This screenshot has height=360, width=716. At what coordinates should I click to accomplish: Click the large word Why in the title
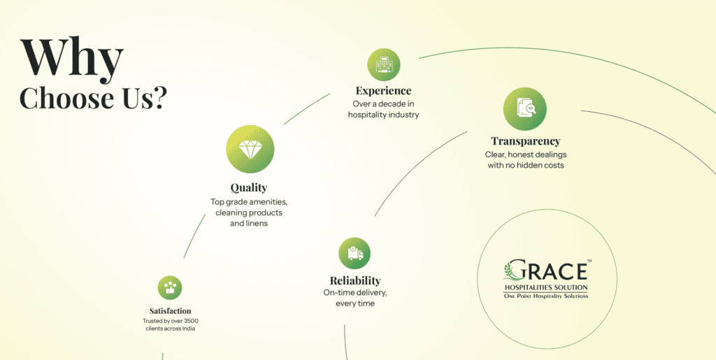(72, 59)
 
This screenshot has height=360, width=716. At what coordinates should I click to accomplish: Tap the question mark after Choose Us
(159, 99)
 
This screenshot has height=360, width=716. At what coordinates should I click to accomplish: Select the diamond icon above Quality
(250, 149)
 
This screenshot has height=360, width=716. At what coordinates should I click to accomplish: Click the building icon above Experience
(384, 65)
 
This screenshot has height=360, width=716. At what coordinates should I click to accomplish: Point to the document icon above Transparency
(524, 108)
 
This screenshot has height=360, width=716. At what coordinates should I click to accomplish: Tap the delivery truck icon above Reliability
(355, 253)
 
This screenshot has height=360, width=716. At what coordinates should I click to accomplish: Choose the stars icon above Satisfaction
(170, 287)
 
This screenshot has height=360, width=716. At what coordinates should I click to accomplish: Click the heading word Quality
(249, 187)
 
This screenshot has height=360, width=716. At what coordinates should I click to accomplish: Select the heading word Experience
(383, 91)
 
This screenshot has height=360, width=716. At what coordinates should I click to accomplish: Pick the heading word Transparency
(525, 141)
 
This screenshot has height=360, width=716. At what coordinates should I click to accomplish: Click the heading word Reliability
(355, 280)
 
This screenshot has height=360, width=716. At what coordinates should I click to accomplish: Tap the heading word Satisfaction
(170, 310)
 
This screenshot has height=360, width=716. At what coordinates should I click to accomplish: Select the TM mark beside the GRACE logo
(589, 261)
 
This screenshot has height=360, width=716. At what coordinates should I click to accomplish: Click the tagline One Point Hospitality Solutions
(546, 296)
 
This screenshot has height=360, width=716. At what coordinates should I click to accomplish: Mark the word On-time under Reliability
(339, 292)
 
